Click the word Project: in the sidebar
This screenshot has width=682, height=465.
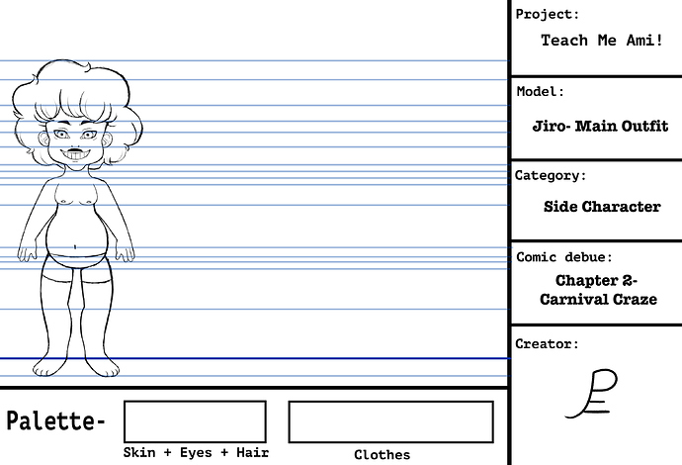coord(548,15)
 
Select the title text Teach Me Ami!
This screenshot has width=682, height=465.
coord(602,40)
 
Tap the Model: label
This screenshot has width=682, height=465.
coord(541,91)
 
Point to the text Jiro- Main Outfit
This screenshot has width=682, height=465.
coord(600,126)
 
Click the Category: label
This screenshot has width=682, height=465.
coord(551,175)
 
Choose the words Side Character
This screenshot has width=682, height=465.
coord(602,207)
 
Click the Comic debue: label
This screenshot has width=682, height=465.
coord(564,257)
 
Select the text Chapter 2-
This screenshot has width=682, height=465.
coord(596,280)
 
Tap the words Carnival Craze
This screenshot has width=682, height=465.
coord(599,300)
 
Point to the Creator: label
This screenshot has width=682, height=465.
coord(548,344)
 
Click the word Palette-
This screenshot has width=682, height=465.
coord(56,420)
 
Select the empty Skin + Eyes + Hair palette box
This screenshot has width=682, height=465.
coord(195,421)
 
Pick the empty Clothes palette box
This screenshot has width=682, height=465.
coord(391,421)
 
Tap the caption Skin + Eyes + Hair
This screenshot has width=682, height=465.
coord(196,453)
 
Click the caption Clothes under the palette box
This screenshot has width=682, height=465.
coord(383,455)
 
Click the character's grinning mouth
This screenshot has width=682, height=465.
coord(76,154)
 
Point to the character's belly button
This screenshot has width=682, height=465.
coord(75,247)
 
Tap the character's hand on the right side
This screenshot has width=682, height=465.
coord(126,253)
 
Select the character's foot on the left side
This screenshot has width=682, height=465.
coord(48,367)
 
